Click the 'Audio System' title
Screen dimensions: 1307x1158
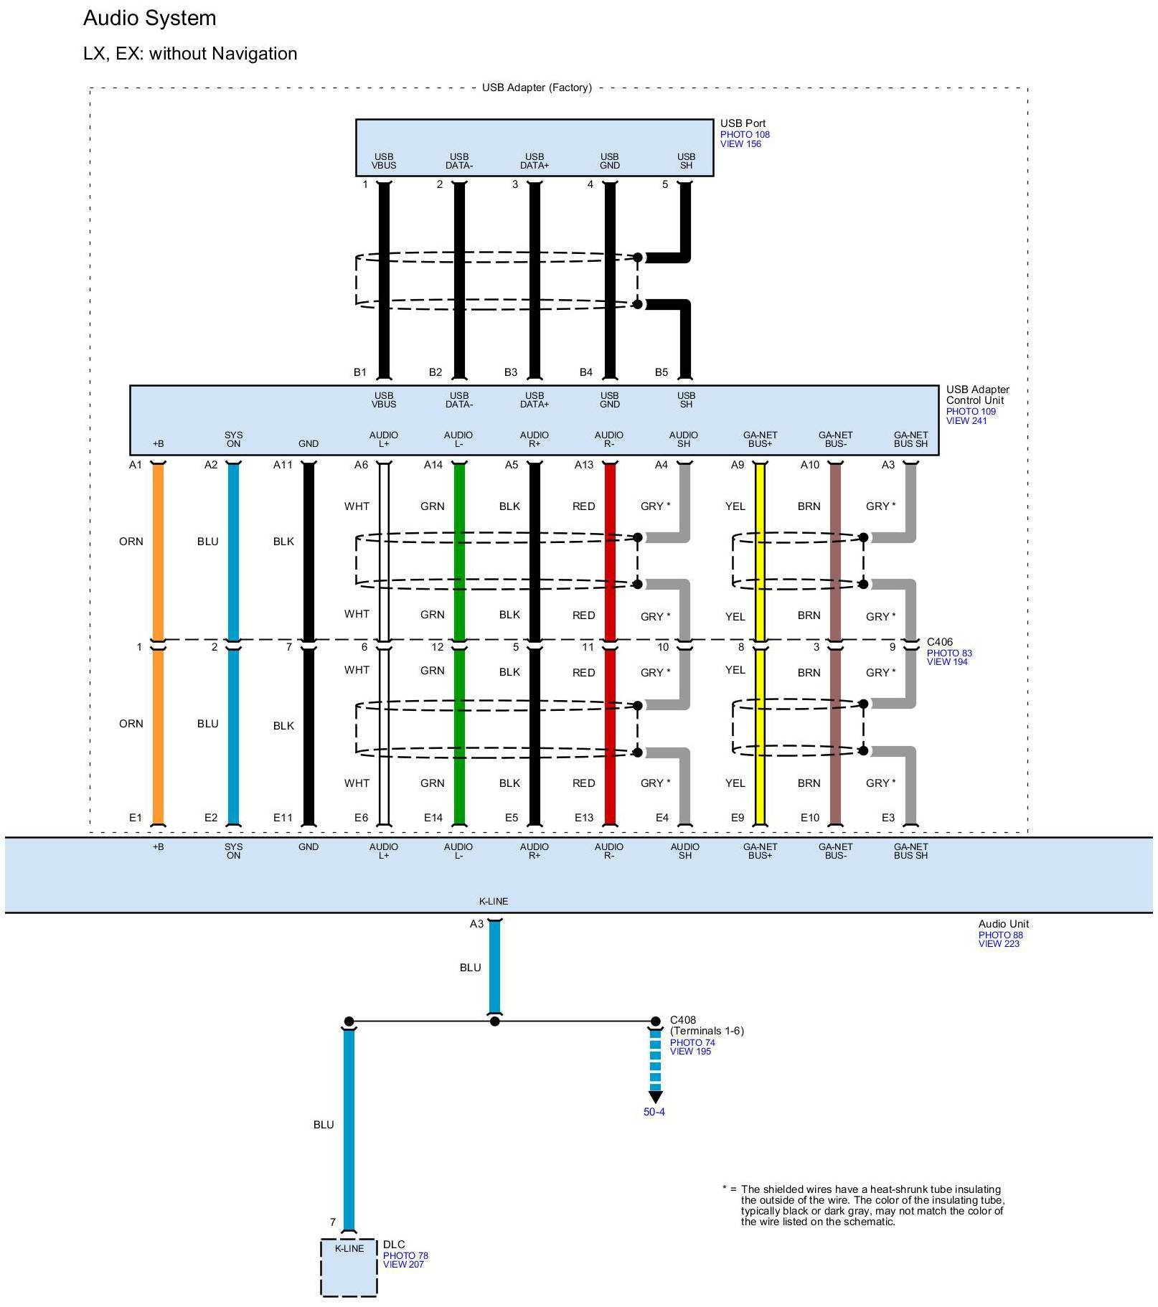click(x=149, y=19)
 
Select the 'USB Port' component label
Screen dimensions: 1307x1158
click(x=743, y=123)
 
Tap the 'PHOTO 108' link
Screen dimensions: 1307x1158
click(x=745, y=135)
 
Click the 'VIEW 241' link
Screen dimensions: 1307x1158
click(x=966, y=421)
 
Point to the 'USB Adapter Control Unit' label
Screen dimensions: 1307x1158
click(x=977, y=395)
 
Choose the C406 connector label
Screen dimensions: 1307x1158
click(x=940, y=643)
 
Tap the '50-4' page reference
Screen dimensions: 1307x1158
click(x=654, y=1113)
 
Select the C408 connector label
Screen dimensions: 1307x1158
click(x=683, y=1020)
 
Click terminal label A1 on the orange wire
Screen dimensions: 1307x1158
click(x=136, y=465)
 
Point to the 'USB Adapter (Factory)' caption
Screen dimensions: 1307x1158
click(x=537, y=88)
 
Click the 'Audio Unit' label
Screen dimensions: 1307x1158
click(x=1003, y=924)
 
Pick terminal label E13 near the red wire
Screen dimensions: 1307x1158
click(x=584, y=818)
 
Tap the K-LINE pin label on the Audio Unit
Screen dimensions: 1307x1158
click(x=494, y=901)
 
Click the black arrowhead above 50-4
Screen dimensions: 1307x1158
click(x=655, y=1098)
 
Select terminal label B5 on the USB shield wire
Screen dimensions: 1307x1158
click(x=661, y=372)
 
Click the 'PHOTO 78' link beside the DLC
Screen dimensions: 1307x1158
click(x=405, y=1255)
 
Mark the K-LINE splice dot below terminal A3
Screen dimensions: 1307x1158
click(x=494, y=1021)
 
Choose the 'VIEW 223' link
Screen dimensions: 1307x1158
click(x=999, y=944)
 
